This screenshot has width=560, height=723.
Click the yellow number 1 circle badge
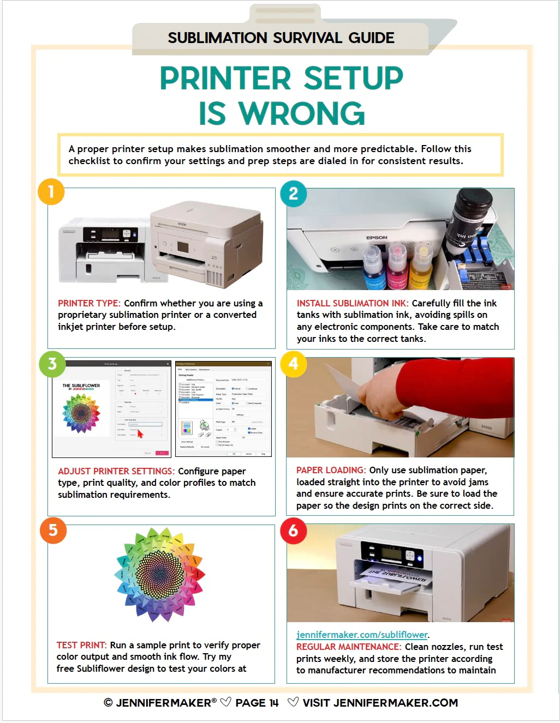(x=51, y=191)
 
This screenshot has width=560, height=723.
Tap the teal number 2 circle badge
(x=293, y=194)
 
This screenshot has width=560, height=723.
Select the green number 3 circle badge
(x=52, y=364)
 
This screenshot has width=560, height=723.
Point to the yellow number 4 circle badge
(x=293, y=364)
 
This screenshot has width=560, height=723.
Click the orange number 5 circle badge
(x=53, y=530)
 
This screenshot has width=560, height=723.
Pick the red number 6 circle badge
(x=293, y=531)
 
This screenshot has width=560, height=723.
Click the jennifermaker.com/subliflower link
(x=362, y=635)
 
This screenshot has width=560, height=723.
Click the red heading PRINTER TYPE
(x=88, y=303)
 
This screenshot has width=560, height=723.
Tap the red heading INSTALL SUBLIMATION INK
(x=352, y=303)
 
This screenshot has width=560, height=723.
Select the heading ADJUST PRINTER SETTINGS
(x=116, y=471)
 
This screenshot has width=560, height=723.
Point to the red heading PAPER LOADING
(x=331, y=470)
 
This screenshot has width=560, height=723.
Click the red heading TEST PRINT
(x=81, y=645)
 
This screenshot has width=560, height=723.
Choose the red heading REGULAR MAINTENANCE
(x=348, y=647)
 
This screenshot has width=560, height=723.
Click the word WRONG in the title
(x=301, y=113)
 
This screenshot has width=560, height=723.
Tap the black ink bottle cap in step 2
(x=474, y=200)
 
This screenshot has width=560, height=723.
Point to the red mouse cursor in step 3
(x=140, y=433)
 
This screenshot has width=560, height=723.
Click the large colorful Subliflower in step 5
(x=160, y=574)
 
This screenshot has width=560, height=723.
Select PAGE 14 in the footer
(x=257, y=703)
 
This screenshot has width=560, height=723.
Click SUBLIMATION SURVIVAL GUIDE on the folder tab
(x=281, y=38)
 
